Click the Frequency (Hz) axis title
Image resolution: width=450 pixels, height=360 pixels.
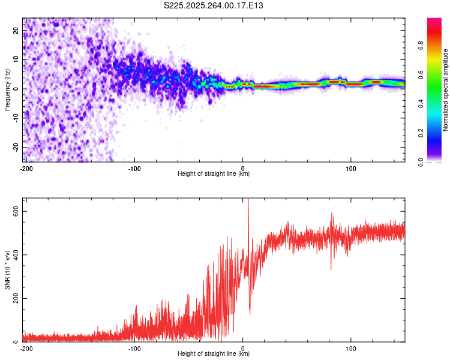[7, 90]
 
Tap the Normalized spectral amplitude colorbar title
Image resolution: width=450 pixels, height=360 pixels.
[446, 91]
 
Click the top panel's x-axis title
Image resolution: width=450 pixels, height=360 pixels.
[214, 173]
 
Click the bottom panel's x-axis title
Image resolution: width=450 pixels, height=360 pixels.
[214, 353]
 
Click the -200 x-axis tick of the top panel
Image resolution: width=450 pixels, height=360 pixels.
[26, 168]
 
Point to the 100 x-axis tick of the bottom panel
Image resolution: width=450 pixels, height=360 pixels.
[351, 348]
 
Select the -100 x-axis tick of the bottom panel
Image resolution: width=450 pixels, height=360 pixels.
[134, 348]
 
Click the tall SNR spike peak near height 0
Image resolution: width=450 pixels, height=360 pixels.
[248, 200]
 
